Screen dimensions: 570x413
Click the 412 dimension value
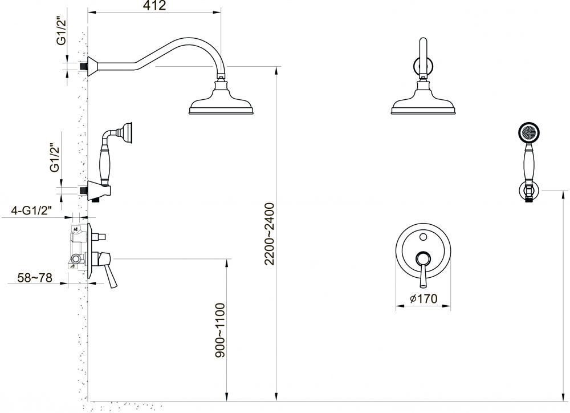click(154, 5)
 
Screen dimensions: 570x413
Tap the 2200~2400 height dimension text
click(270, 234)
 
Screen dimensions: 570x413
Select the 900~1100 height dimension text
click(220, 330)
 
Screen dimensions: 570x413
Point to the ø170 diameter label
click(424, 299)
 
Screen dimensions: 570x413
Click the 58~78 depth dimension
click(35, 278)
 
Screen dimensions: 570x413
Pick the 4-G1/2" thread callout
click(31, 210)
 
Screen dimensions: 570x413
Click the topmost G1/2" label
click(62, 33)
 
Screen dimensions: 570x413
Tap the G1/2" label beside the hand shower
click(55, 158)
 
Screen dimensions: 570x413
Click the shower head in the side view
click(221, 99)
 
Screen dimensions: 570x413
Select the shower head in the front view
click(423, 99)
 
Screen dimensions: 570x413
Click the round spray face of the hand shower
click(528, 132)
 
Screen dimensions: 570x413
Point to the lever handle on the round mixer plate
click(423, 269)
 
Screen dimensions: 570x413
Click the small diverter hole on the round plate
click(423, 237)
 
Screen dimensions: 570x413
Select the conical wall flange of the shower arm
click(92, 66)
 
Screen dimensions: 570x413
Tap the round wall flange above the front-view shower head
click(423, 66)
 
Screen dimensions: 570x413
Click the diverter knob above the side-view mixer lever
click(99, 237)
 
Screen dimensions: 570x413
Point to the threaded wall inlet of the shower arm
click(84, 66)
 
